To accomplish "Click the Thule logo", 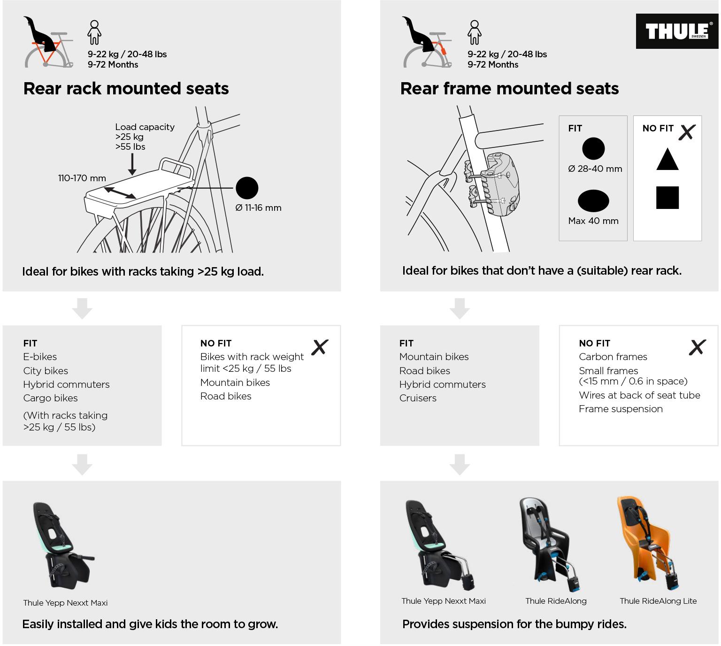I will (676, 31).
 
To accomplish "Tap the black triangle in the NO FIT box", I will (667, 160).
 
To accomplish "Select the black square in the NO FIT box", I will (667, 197).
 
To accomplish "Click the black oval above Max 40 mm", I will (593, 201).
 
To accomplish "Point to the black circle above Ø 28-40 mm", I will (593, 149).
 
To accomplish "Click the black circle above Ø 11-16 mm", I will (247, 188).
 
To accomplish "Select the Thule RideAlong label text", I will (556, 601).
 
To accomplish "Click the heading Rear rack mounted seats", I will (126, 89).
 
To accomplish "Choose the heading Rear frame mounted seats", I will (509, 89).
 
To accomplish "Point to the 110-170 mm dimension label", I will (82, 178).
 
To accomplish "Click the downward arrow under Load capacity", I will (132, 165).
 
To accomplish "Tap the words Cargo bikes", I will (50, 398).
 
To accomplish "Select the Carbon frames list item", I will (613, 357).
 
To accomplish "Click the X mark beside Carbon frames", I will (697, 347).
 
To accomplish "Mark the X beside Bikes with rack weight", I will (320, 347).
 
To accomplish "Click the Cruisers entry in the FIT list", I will (418, 398).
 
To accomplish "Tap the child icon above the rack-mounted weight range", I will (94, 32).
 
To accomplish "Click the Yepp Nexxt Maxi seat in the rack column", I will (63, 545).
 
